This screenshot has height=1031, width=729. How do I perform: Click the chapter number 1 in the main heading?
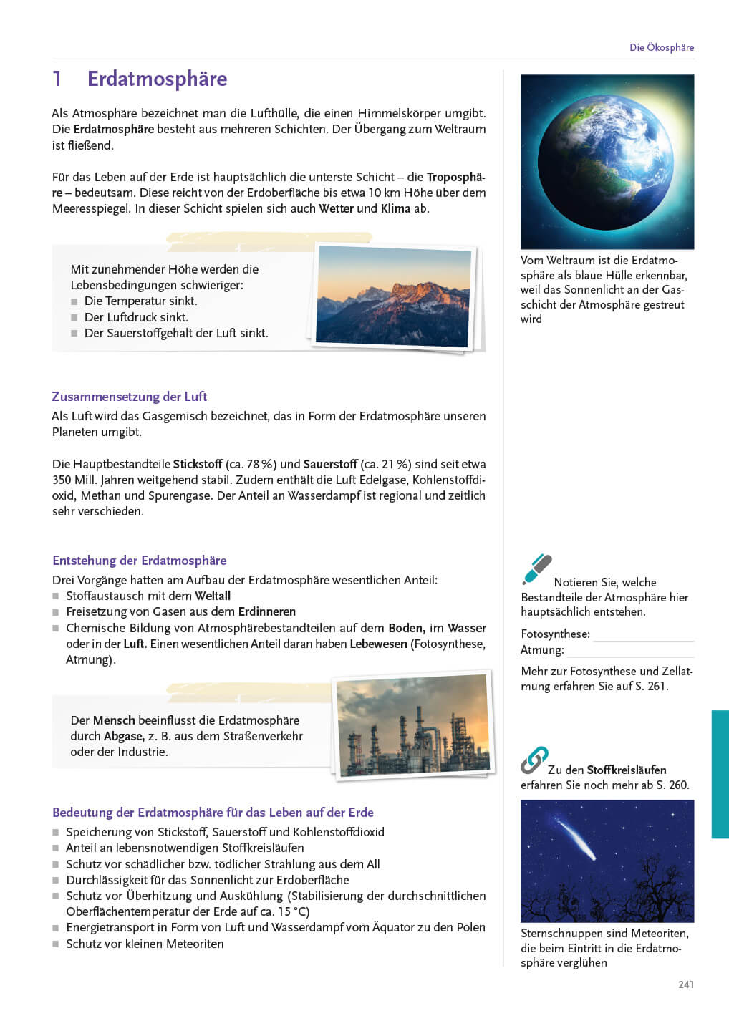click(x=57, y=79)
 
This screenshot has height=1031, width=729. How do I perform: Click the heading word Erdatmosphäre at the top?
click(x=157, y=79)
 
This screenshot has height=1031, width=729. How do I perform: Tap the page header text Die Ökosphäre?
click(x=661, y=47)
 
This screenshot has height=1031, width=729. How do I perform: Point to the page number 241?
click(x=685, y=984)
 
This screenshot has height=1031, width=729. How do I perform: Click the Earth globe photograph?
click(x=607, y=161)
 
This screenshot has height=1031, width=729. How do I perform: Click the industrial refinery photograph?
click(x=414, y=725)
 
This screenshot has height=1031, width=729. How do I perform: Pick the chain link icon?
click(x=534, y=760)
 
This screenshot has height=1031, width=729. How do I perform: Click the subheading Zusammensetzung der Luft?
click(x=129, y=397)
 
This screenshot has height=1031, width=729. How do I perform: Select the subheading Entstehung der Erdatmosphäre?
click(x=139, y=561)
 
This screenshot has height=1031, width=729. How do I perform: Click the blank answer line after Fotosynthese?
click(x=643, y=635)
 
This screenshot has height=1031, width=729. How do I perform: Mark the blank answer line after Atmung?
click(x=630, y=651)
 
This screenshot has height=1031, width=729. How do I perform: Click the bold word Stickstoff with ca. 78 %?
click(x=198, y=464)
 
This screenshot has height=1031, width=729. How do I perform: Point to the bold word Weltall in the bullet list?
click(x=213, y=596)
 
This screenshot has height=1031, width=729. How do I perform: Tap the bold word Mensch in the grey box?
click(x=114, y=720)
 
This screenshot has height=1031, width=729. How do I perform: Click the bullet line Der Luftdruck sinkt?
click(x=136, y=317)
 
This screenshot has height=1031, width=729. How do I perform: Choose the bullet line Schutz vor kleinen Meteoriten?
click(x=145, y=944)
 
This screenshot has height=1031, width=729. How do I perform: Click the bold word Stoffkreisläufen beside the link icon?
click(x=627, y=770)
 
